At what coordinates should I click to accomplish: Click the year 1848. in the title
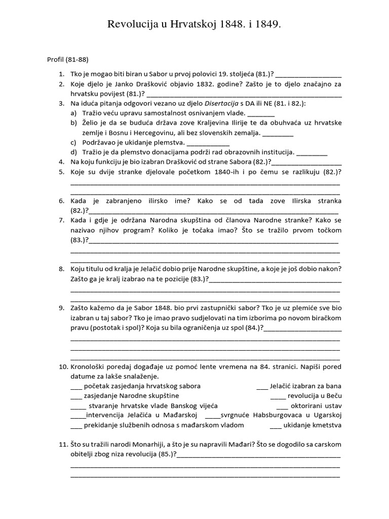(x=234, y=24)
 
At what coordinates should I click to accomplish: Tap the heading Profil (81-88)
(x=68, y=59)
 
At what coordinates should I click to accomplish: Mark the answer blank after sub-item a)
(x=261, y=113)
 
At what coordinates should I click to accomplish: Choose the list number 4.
(x=61, y=162)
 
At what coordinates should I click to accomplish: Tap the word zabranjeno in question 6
(x=120, y=201)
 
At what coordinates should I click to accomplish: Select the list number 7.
(x=61, y=220)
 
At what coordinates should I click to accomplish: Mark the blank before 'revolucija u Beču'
(x=278, y=396)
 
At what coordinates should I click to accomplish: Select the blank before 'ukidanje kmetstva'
(x=275, y=425)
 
